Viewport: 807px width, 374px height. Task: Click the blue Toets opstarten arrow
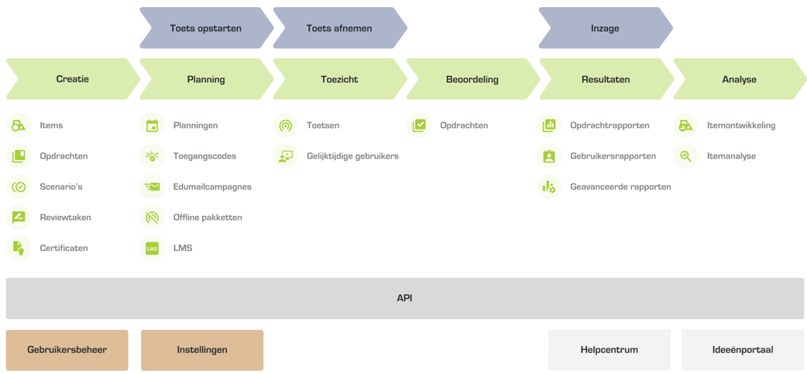click(x=206, y=29)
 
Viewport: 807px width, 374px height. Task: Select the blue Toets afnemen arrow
click(x=339, y=29)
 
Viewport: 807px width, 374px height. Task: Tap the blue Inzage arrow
click(x=605, y=29)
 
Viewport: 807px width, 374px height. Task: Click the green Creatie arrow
click(x=72, y=79)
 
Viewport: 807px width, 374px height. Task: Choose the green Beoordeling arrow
click(x=472, y=79)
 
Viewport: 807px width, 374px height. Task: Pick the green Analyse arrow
click(x=739, y=79)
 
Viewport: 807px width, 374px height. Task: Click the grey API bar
click(x=404, y=298)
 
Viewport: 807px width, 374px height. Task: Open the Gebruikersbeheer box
click(x=67, y=350)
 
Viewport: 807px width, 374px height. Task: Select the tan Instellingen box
click(x=202, y=350)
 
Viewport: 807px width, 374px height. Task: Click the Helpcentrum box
click(x=610, y=350)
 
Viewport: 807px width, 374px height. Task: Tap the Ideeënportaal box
click(x=743, y=350)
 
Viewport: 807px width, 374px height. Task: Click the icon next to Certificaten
click(x=19, y=249)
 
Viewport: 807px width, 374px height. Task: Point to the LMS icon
click(x=152, y=249)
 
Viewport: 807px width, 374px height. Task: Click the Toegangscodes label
click(x=204, y=156)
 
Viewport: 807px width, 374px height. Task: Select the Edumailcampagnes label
click(x=212, y=187)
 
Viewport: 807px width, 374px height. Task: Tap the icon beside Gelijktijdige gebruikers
click(x=286, y=156)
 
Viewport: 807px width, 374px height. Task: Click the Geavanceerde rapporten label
click(x=620, y=187)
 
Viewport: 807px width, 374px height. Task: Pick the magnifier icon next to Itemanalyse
click(x=685, y=156)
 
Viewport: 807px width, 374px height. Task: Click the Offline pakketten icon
click(x=152, y=218)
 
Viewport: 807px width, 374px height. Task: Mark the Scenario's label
click(x=61, y=187)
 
